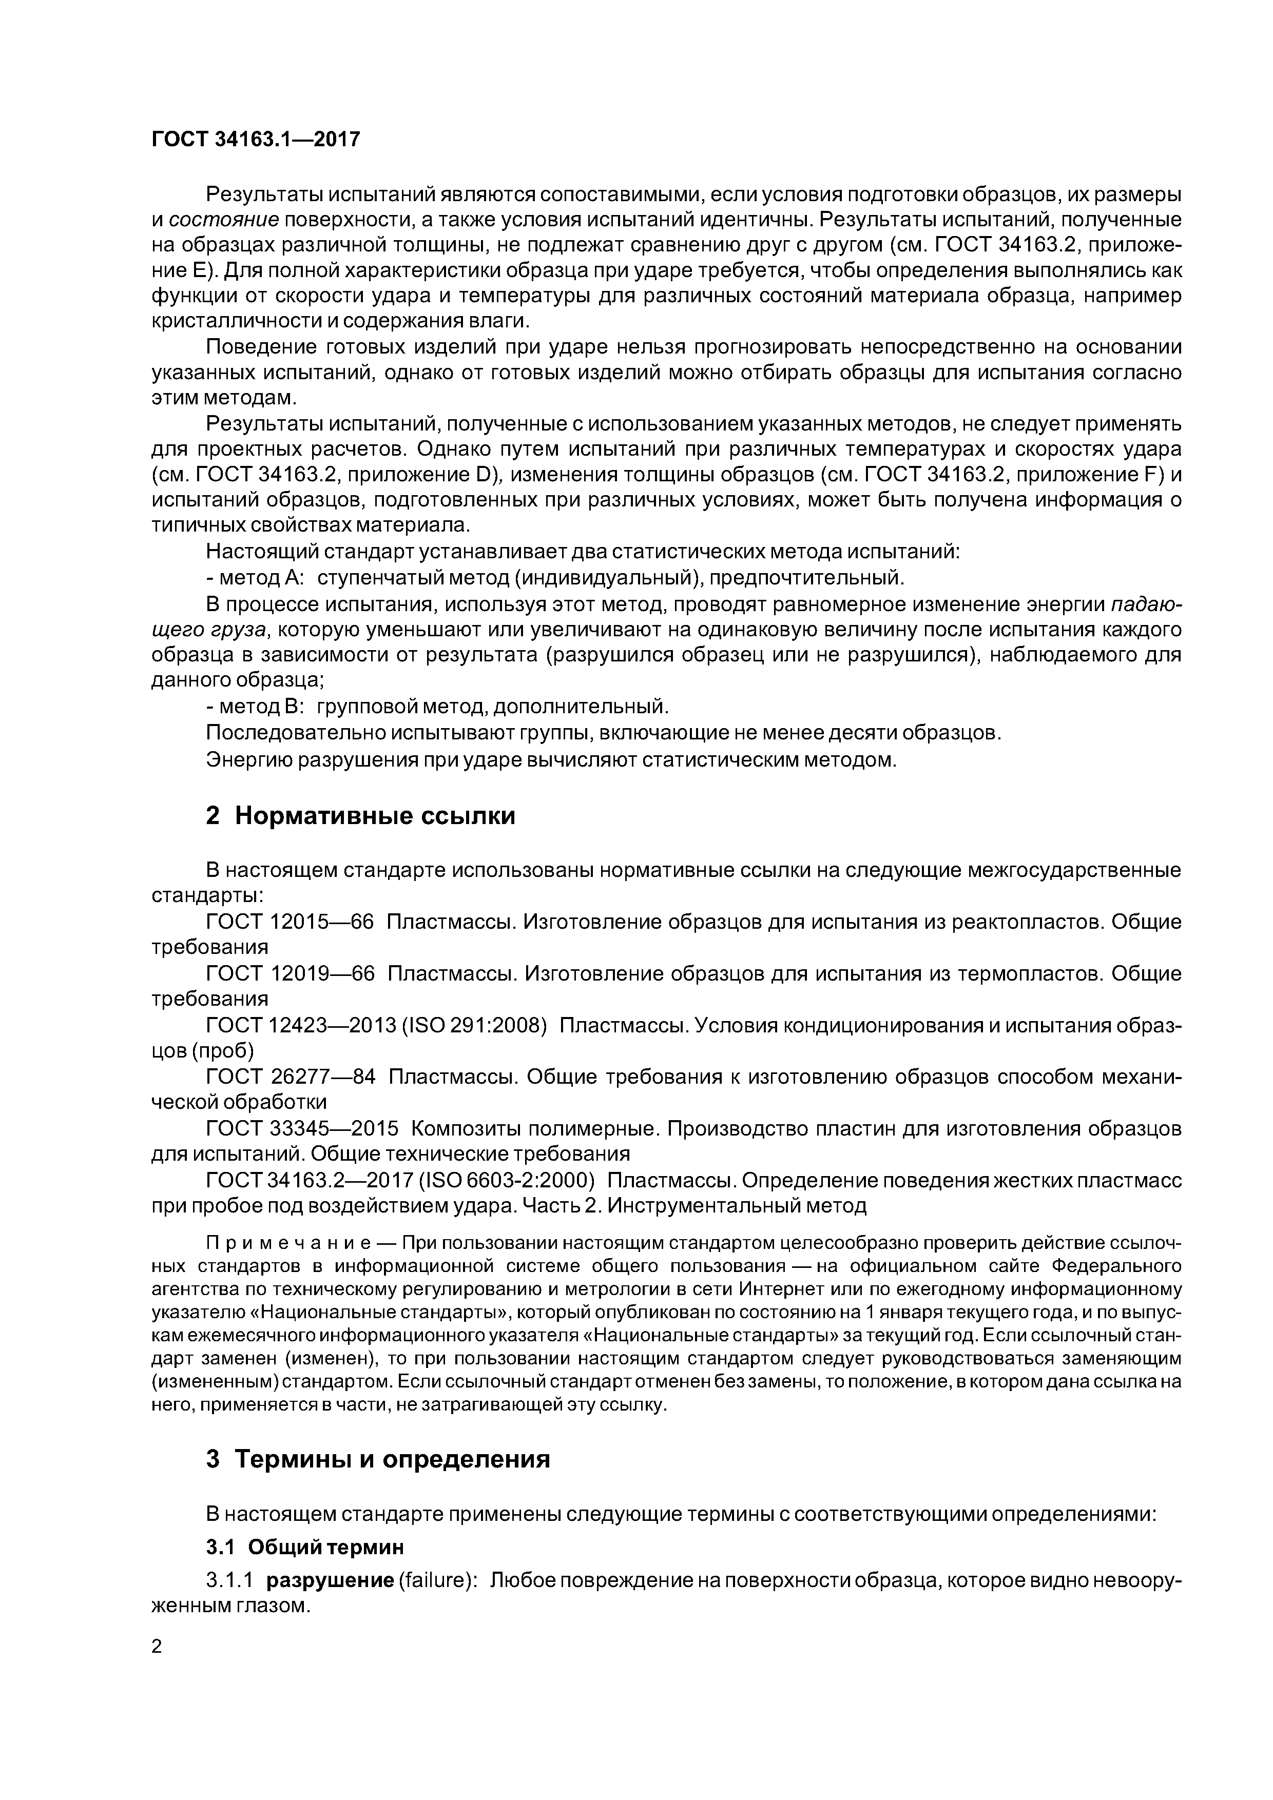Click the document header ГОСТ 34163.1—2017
click(256, 140)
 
